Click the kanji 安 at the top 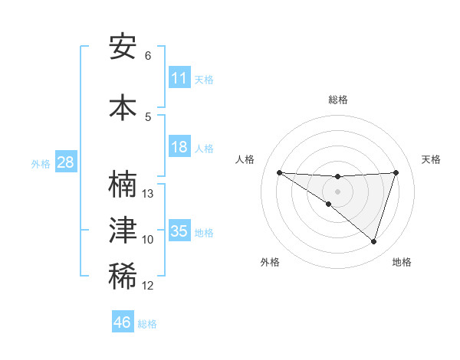click(x=123, y=47)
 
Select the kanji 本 click(x=123, y=106)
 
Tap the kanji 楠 click(x=123, y=185)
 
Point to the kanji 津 click(x=123, y=231)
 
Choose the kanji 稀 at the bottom click(x=123, y=277)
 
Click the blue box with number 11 click(x=179, y=78)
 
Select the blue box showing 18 click(x=179, y=147)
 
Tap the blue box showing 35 click(x=179, y=231)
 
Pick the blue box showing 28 click(x=65, y=162)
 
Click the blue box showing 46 click(x=123, y=322)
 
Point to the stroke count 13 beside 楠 click(x=148, y=194)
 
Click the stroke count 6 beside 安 click(x=148, y=56)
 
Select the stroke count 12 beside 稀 click(x=148, y=286)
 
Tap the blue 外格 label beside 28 click(x=41, y=163)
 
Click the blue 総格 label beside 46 click(x=147, y=324)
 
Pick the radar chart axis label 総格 click(x=337, y=100)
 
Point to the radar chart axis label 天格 click(x=431, y=159)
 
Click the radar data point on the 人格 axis click(x=279, y=172)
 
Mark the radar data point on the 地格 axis click(x=373, y=241)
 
